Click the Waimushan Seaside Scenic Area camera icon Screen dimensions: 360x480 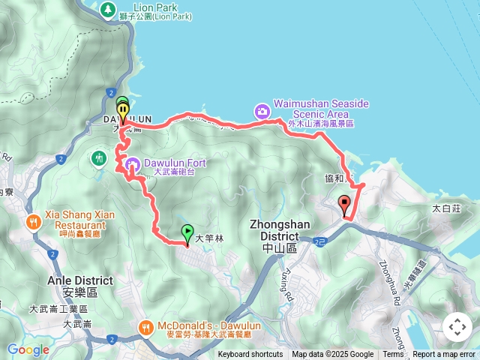click(x=262, y=111)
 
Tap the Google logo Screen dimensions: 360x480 click(x=28, y=349)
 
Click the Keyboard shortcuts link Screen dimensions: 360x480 click(x=250, y=355)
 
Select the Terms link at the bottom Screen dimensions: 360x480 click(x=393, y=355)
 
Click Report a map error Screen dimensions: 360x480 click(x=444, y=355)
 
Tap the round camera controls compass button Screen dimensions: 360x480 click(x=457, y=327)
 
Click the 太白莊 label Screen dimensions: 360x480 click(x=446, y=209)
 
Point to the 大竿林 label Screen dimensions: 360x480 click(x=209, y=238)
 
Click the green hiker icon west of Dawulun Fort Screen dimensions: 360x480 click(x=99, y=157)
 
